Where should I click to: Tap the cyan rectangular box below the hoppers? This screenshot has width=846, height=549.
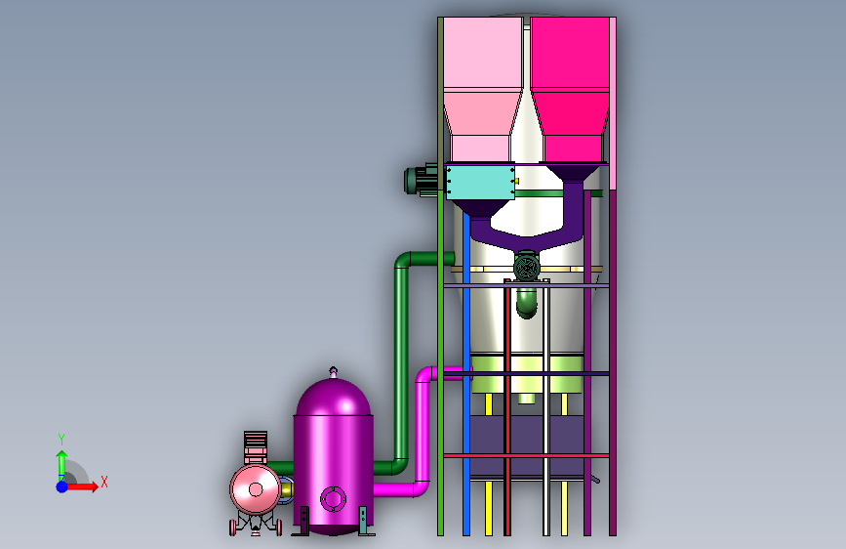pos(480,183)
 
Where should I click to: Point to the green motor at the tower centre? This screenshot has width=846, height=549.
pos(527,267)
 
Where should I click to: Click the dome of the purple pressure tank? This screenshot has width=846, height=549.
pos(334,397)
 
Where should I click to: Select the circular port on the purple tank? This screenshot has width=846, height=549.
pos(333,498)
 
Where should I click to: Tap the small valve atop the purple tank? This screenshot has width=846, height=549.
pos(334,372)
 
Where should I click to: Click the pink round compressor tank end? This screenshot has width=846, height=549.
pos(256,489)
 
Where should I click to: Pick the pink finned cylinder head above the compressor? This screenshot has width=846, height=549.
pos(256,447)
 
